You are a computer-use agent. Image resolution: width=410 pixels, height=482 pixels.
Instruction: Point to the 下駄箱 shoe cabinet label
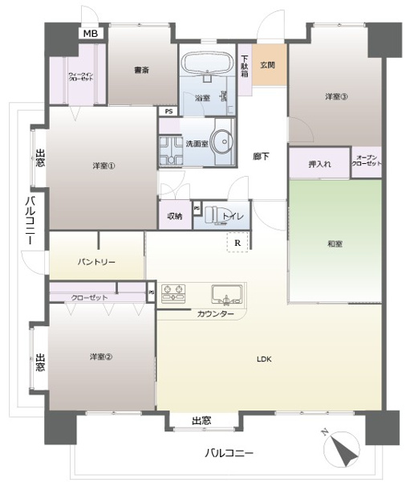[245, 63]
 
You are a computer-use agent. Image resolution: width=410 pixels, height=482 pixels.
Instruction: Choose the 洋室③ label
[336, 97]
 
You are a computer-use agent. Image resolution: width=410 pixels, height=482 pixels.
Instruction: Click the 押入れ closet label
[319, 165]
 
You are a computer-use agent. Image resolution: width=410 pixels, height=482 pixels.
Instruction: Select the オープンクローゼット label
[367, 161]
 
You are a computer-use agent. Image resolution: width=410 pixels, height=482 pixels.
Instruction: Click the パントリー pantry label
[97, 262]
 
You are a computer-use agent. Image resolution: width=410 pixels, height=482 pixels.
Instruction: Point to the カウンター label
[215, 313]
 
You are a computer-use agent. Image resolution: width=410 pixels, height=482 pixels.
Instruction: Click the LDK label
[265, 358]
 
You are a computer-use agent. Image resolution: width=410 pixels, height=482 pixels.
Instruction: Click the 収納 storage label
[175, 215]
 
